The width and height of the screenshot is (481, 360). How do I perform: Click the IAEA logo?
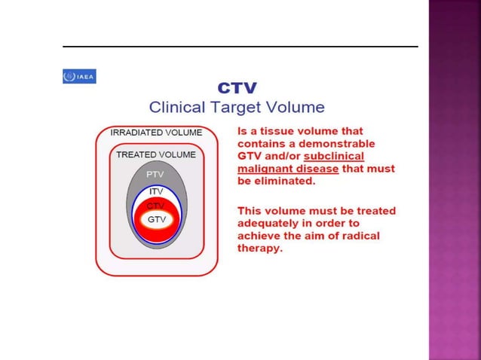tap(79, 76)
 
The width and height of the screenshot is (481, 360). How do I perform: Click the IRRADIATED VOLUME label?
tap(156, 133)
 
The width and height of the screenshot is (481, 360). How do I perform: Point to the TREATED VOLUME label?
tap(156, 154)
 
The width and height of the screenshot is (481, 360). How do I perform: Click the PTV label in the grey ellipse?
tap(155, 175)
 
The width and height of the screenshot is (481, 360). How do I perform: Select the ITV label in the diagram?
tap(155, 191)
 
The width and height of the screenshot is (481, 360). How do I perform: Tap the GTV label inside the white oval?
tap(156, 219)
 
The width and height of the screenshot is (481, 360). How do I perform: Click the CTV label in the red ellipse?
tap(155, 206)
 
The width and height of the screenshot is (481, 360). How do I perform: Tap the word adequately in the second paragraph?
tap(270, 223)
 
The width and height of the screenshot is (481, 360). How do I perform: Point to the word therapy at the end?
tap(260, 249)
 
